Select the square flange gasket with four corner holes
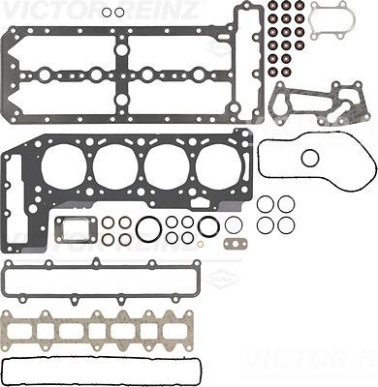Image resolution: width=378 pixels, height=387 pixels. coord(74,228)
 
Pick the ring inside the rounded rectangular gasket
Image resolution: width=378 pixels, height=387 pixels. coord(310,158)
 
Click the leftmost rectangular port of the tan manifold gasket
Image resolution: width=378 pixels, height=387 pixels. coord(41,332)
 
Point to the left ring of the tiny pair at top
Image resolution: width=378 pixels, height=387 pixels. coord(108,13)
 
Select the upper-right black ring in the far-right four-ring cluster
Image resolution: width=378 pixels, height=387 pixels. coord(285,204)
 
